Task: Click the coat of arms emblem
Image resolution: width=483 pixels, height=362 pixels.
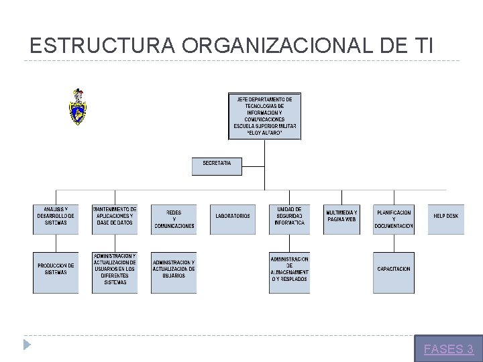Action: coord(78,107)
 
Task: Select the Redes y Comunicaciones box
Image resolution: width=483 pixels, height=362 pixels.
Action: coord(174,219)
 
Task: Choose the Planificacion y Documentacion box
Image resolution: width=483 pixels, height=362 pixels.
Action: coord(394,219)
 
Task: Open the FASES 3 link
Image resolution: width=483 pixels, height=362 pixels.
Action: coord(449,349)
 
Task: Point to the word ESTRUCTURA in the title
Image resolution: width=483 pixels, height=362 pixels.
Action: coord(103,46)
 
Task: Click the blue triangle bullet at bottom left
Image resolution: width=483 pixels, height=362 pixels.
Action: coord(27,345)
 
